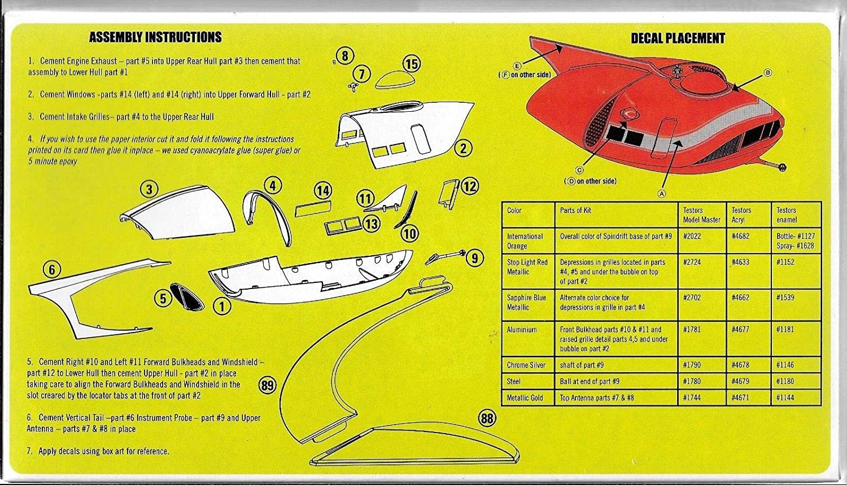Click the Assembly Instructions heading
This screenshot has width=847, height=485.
tap(155, 37)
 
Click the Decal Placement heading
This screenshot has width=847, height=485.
tap(678, 38)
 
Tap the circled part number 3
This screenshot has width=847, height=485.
tap(150, 190)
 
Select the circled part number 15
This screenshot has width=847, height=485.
tap(412, 64)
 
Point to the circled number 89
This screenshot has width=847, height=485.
tap(267, 386)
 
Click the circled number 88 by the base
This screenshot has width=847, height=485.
tap(486, 418)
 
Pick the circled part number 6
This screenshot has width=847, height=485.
tap(52, 270)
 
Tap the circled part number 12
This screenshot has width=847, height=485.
tap(470, 186)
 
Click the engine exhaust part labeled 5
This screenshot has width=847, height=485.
tap(186, 295)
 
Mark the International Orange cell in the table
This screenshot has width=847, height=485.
tap(525, 241)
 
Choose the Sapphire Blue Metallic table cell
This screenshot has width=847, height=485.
tap(526, 302)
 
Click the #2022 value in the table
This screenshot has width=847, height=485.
tap(692, 236)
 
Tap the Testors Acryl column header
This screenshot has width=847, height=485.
tap(741, 215)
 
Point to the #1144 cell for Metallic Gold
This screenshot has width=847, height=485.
tap(785, 397)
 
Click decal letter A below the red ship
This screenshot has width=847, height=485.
tap(662, 193)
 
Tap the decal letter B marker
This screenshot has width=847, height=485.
tap(767, 73)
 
